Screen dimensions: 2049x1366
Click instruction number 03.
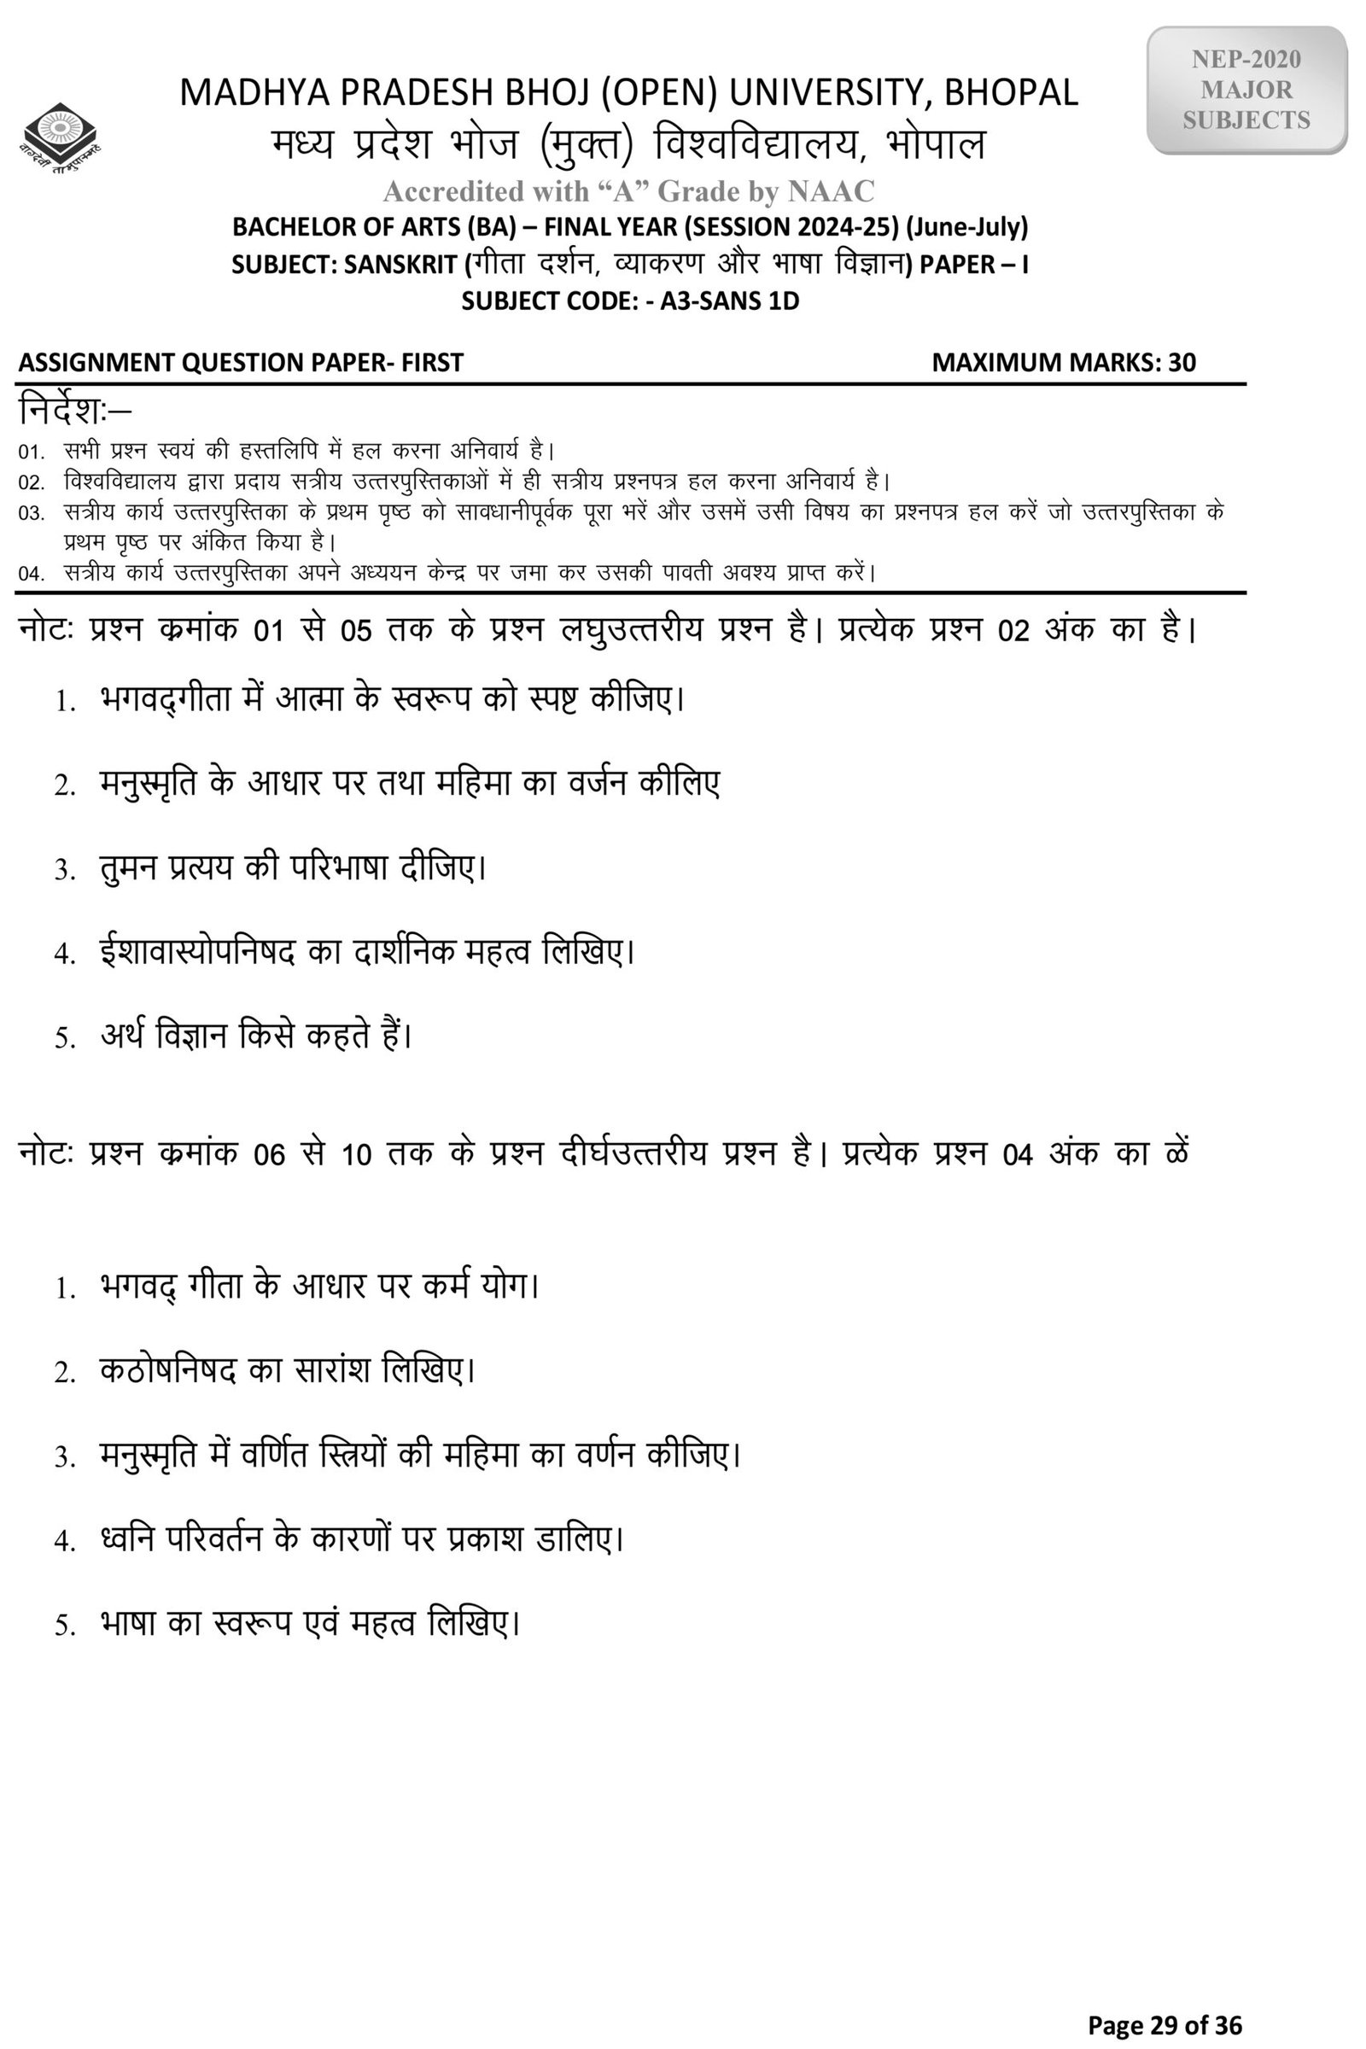click(31, 513)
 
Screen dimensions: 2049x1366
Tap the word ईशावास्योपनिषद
click(198, 951)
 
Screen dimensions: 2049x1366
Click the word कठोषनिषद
click(168, 1370)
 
